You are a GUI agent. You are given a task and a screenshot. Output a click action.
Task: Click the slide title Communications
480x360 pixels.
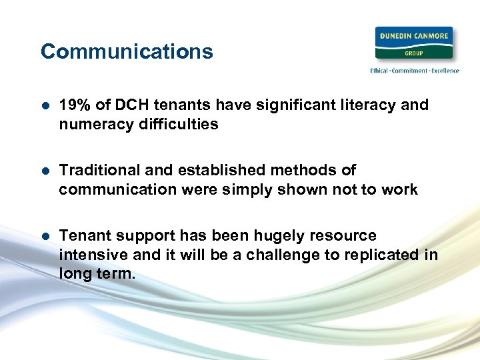pyautogui.click(x=127, y=51)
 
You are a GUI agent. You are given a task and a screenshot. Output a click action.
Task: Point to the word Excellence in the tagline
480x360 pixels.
pyautogui.click(x=443, y=71)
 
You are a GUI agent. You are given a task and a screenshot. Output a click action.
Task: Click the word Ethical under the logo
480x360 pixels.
pyautogui.click(x=381, y=71)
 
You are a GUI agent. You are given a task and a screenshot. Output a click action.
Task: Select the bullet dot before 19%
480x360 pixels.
pyautogui.click(x=45, y=106)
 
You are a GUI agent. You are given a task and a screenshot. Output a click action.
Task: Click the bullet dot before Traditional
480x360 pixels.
pyautogui.click(x=45, y=171)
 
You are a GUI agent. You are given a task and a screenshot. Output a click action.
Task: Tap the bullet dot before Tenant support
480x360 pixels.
pyautogui.click(x=45, y=237)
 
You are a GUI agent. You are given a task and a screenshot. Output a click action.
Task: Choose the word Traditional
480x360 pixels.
pyautogui.click(x=99, y=171)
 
